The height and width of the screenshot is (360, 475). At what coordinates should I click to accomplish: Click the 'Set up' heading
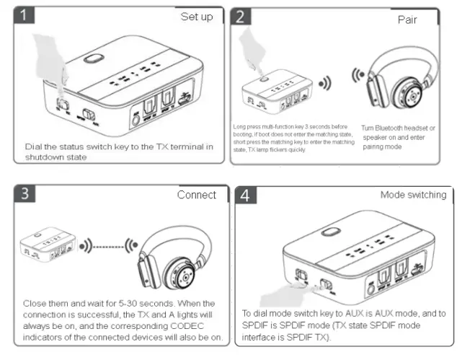point(196,17)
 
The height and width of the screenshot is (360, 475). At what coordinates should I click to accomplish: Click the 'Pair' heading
point(407,19)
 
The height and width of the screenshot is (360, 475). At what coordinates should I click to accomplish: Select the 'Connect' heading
point(196,195)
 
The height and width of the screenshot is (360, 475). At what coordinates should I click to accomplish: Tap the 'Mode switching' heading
point(413,195)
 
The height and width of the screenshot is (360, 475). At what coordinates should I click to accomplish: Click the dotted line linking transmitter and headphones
point(107,246)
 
